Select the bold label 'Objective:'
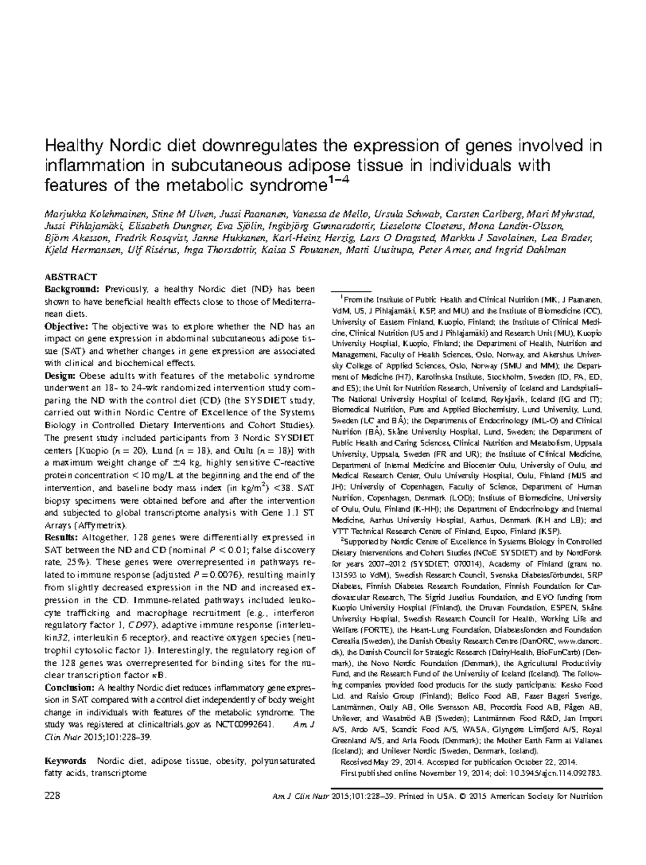(67, 326)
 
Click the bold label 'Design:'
(60, 376)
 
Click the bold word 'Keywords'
(66, 761)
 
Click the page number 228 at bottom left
(52, 797)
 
